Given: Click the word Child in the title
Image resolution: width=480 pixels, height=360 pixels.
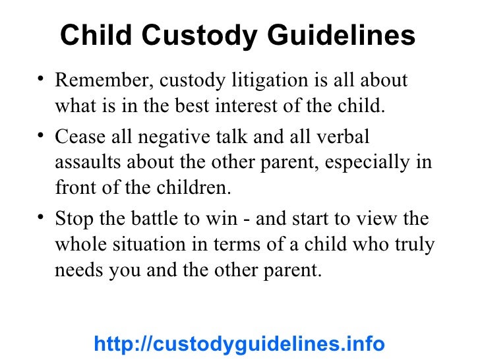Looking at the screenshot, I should (x=90, y=37).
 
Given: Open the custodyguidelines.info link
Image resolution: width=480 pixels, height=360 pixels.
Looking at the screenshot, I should (x=239, y=344).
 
